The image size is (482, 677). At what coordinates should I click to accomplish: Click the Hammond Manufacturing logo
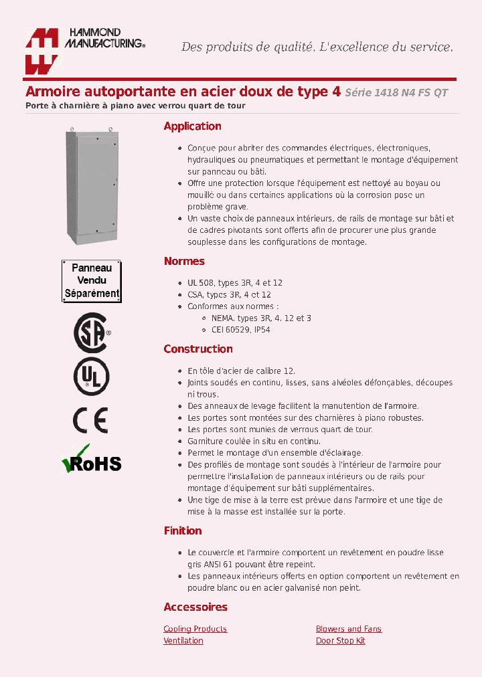(84, 50)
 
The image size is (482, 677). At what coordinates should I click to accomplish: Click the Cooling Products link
(195, 629)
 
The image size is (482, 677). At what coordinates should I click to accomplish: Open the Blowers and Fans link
(348, 629)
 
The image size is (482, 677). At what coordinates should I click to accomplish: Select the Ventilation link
(183, 641)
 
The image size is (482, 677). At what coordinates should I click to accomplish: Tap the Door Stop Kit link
(340, 641)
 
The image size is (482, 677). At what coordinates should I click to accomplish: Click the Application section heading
(192, 126)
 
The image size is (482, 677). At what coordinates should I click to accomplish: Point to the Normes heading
(184, 262)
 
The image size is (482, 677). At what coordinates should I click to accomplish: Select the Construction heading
(198, 349)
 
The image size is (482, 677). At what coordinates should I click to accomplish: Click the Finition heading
(183, 531)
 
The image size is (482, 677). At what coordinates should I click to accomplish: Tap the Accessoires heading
(195, 607)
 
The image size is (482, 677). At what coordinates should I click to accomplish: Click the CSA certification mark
(91, 332)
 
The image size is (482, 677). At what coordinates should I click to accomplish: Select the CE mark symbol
(90, 420)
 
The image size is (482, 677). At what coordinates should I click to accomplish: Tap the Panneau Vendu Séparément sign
(92, 280)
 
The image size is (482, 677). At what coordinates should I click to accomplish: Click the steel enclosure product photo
(92, 187)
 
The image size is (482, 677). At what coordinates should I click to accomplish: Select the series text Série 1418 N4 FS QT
(396, 93)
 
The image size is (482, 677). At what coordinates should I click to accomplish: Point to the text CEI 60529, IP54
(236, 330)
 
